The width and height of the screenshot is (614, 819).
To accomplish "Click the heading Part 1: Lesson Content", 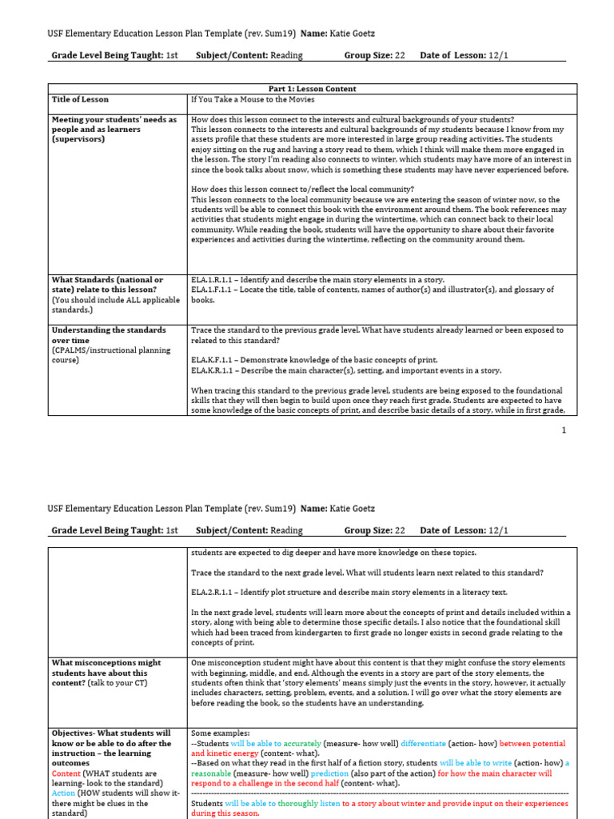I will click(312, 89).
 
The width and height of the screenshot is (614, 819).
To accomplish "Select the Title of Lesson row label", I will click(80, 100).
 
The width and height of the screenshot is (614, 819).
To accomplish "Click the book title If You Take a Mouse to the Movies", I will click(253, 100).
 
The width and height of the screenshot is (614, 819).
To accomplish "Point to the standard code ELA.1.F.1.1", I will click(211, 290).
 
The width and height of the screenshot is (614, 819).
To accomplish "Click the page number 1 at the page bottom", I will click(564, 430).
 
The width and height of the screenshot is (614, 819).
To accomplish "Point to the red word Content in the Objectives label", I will click(66, 773).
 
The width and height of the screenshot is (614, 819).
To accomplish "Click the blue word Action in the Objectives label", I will click(64, 793).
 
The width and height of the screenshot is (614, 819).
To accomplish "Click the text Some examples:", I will click(221, 733).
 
